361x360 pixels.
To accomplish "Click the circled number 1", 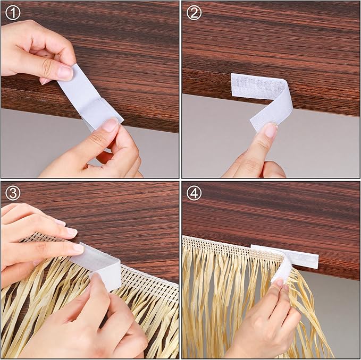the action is [13, 13].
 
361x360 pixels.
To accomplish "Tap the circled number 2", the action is [194, 13].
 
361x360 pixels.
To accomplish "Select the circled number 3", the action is [13, 193].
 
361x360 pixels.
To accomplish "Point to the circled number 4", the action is [194, 193].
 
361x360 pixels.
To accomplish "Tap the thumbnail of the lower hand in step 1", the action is [110, 125].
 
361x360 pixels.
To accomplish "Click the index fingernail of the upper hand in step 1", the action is [65, 73].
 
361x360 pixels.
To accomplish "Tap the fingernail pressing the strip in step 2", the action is [271, 130].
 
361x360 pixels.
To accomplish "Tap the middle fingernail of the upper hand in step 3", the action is [78, 248].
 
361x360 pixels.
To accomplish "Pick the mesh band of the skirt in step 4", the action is [232, 250].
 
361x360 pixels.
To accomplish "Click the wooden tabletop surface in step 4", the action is [272, 214].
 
